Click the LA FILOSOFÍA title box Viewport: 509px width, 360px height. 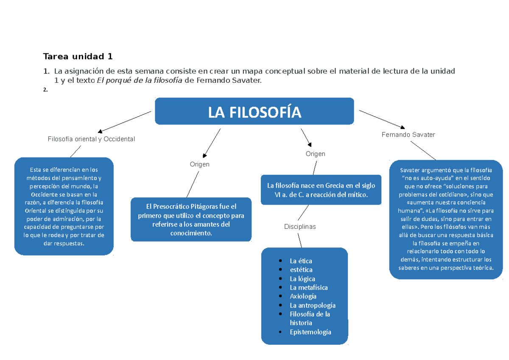(255, 112)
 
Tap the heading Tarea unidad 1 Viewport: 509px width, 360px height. (78, 56)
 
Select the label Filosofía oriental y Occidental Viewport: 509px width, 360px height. (91, 139)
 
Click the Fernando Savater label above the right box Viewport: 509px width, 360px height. (408, 135)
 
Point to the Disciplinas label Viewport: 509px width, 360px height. (300, 227)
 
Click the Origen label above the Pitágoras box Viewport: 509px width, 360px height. (199, 164)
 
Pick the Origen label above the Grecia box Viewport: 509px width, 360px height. (315, 154)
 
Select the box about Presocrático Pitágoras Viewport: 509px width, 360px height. (191, 219)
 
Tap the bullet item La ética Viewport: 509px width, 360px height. (301, 261)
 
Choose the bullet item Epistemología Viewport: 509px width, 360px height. (310, 332)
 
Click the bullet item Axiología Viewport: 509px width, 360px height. (303, 296)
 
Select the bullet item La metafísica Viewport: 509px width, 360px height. (308, 287)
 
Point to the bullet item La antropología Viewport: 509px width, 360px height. (312, 305)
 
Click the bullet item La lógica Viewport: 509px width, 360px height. (302, 278)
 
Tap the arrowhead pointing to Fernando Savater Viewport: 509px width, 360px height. (402, 127)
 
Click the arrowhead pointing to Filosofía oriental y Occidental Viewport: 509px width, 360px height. (100, 131)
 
